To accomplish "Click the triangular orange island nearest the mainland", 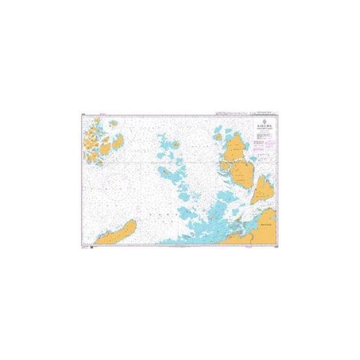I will pyautogui.click(x=265, y=188).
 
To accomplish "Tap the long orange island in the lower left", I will pyautogui.click(x=117, y=232).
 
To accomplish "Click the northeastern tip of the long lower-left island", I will pyautogui.click(x=134, y=222).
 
